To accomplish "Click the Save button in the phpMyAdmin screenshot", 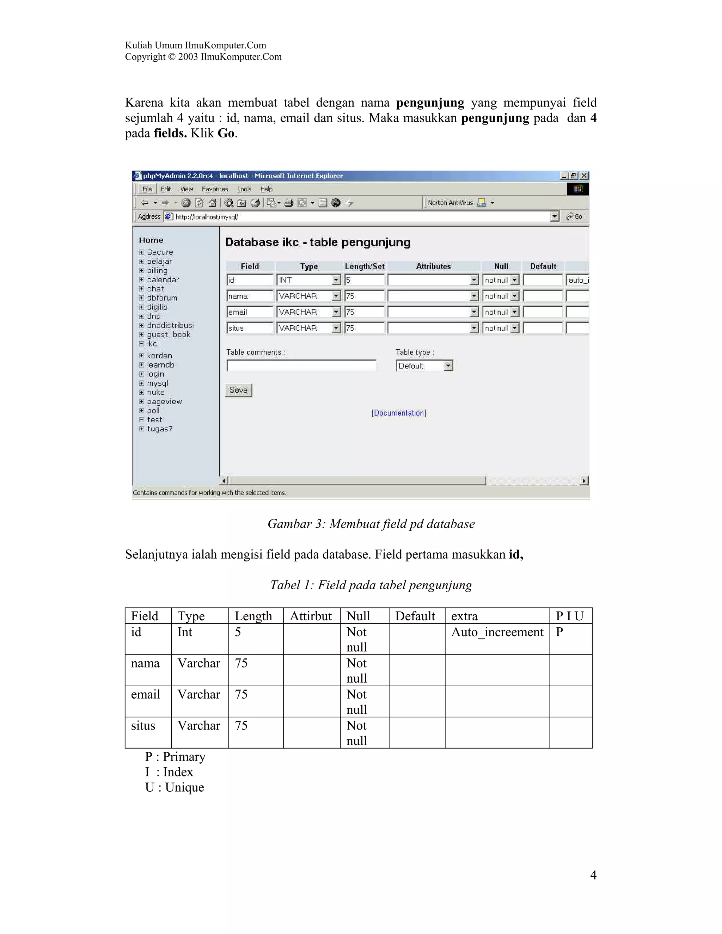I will (x=238, y=390).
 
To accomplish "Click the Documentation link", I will (x=399, y=413).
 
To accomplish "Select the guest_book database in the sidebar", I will (x=169, y=334).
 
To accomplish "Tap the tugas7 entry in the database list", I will (x=160, y=429).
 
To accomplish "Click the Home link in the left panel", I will (x=151, y=240).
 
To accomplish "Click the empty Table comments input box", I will (x=301, y=365).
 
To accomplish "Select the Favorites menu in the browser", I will (x=215, y=189).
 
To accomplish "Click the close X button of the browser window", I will (x=584, y=176).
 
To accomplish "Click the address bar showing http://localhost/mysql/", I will (x=359, y=217).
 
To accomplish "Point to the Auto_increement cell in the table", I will (x=497, y=632).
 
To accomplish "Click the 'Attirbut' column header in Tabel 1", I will (x=311, y=616).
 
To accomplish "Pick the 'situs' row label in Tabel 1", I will (x=143, y=726).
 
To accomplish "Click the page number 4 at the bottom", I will (x=593, y=875).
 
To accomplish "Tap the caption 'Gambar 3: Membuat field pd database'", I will (x=371, y=524).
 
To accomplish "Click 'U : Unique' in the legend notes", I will (x=175, y=787).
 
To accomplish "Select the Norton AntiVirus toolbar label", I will (x=450, y=203).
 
